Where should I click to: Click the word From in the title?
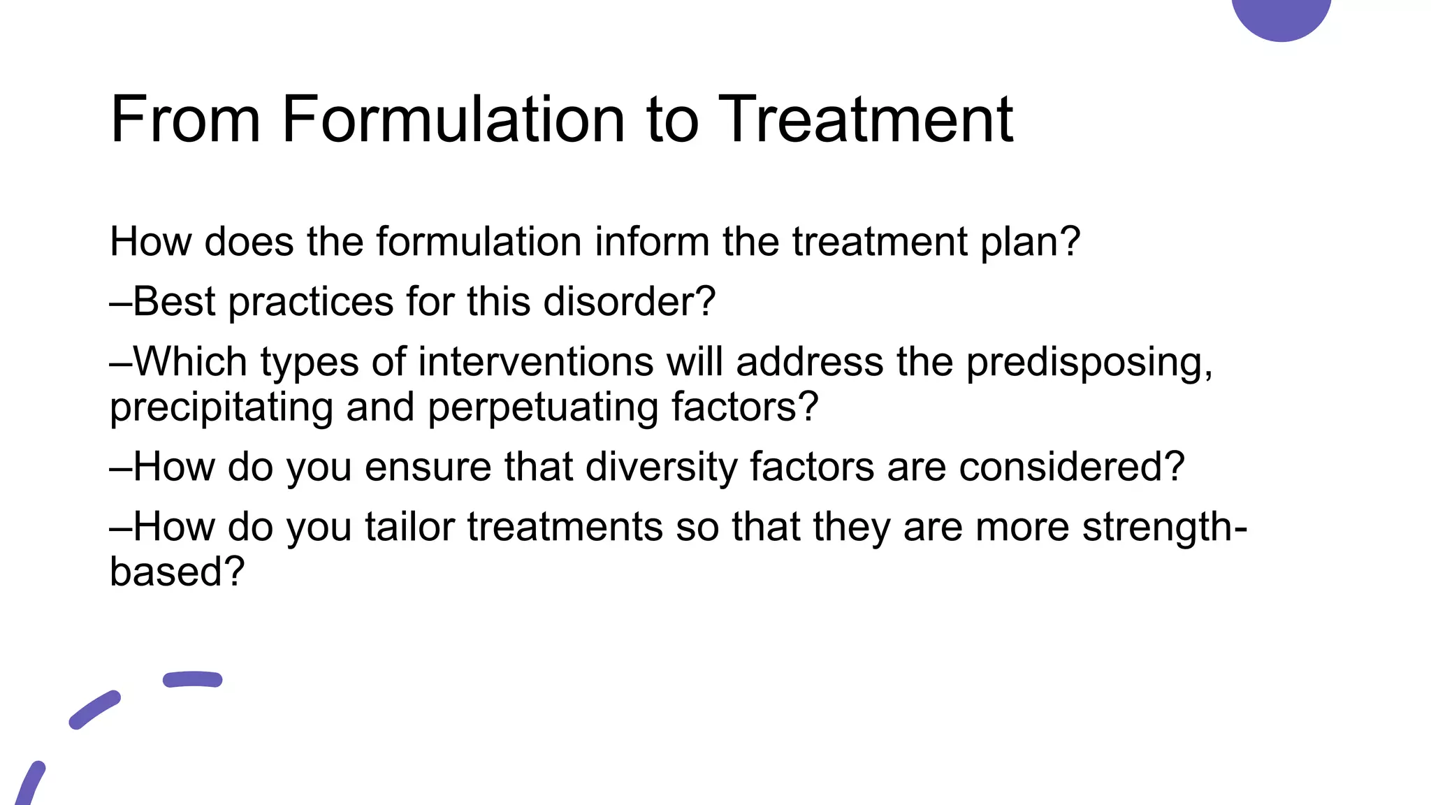coord(186,119)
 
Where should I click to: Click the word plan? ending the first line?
coord(1031,243)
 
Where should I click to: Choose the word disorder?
coord(629,302)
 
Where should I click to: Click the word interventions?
coord(536,362)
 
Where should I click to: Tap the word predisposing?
coord(1089,363)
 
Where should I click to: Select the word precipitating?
coord(221,408)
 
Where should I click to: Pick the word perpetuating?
coord(542,408)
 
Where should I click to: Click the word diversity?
coord(661,467)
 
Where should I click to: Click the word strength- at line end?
coord(1164,527)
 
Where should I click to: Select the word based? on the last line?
coord(177,572)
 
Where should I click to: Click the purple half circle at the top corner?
coord(1281,15)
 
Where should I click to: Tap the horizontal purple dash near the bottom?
coord(192,679)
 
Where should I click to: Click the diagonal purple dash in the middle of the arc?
coord(94,710)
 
